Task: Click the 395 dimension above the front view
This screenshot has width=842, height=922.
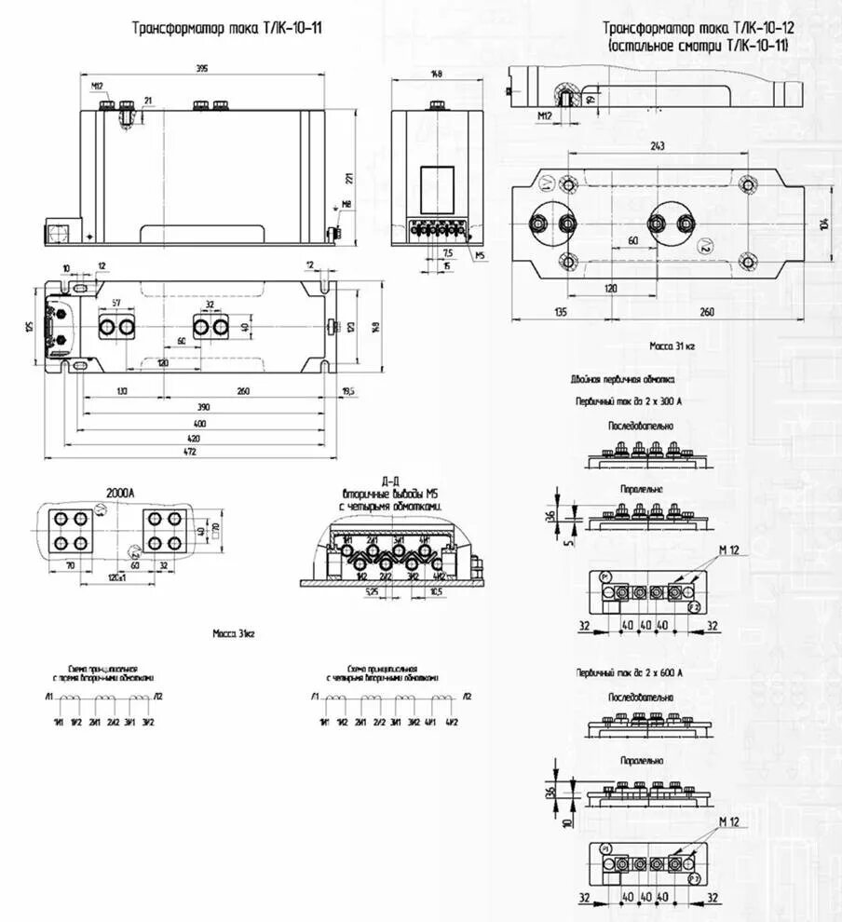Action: tap(202, 70)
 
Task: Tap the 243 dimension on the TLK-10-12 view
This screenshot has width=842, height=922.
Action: tap(658, 147)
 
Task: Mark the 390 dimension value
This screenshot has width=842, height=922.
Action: tap(201, 408)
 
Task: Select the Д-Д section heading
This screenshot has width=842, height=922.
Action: tap(391, 478)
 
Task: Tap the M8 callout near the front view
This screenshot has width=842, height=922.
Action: tap(346, 205)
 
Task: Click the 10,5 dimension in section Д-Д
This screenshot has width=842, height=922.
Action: tap(436, 590)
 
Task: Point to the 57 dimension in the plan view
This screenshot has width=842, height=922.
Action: tap(116, 304)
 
